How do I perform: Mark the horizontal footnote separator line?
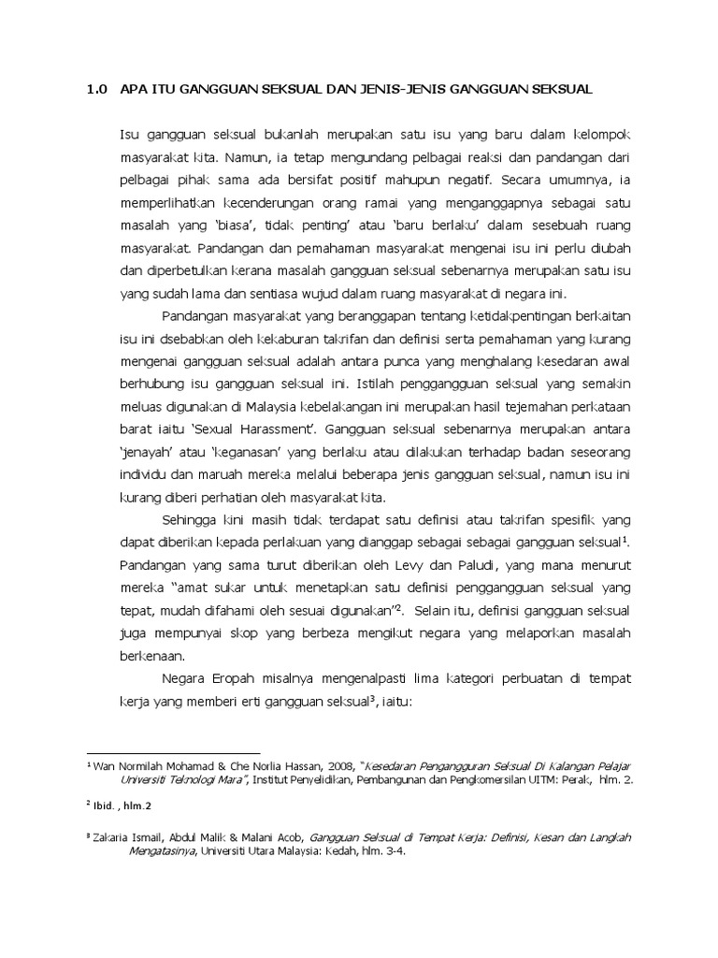click(x=173, y=751)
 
